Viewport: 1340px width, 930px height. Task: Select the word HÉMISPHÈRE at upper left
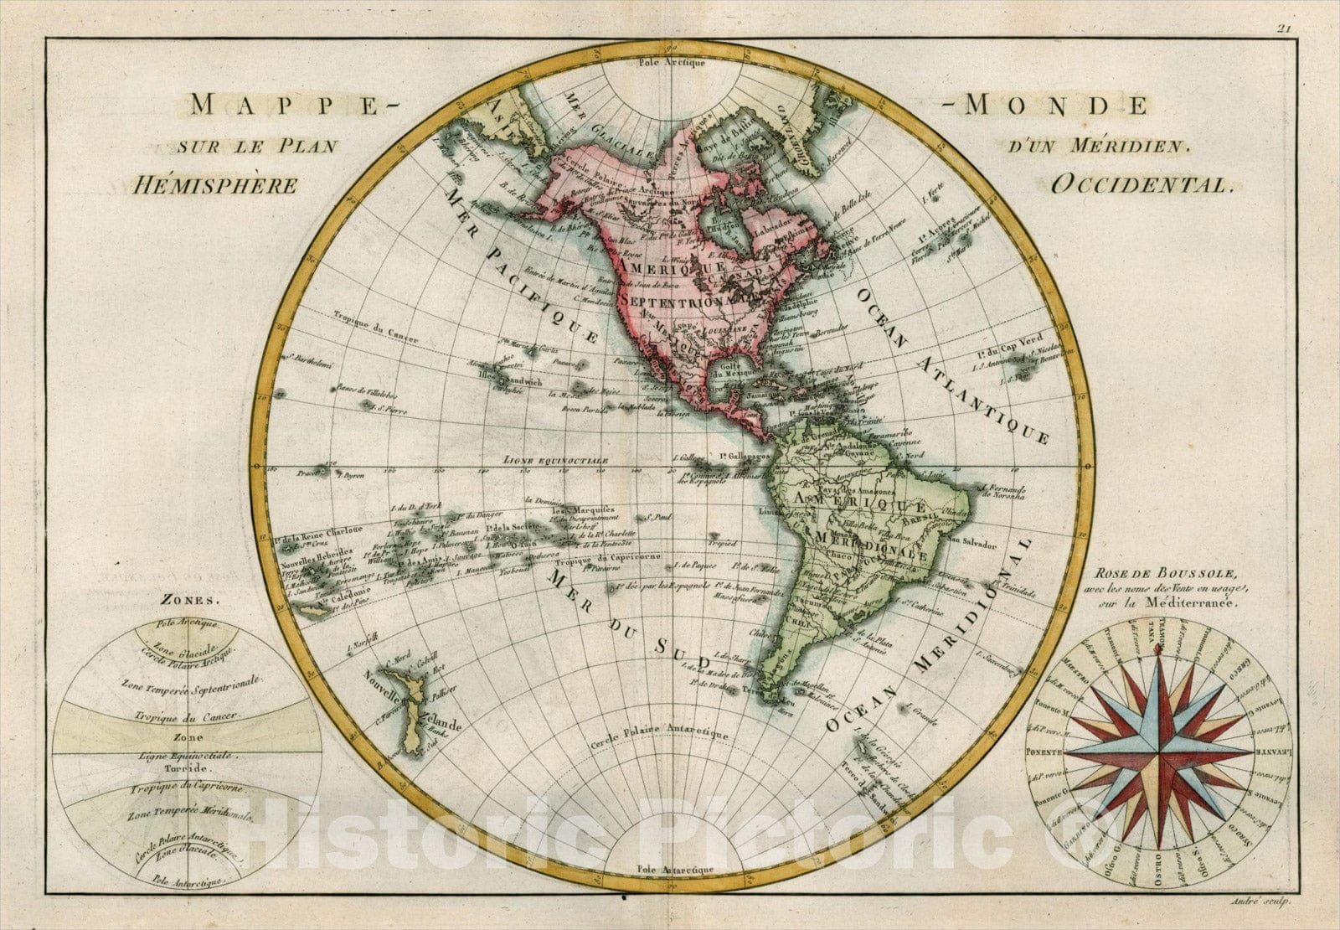pyautogui.click(x=215, y=185)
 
